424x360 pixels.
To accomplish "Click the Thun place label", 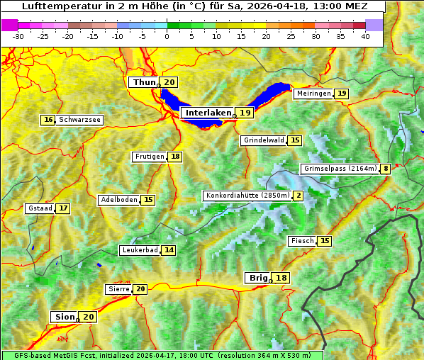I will (144, 83).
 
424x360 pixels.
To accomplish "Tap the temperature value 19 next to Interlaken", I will (245, 113).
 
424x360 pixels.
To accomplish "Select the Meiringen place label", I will (313, 94).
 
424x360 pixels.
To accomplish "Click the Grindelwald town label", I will (264, 140).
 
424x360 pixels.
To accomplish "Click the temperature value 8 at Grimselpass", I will (385, 169).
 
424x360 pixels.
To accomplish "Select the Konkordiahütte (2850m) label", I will (247, 196).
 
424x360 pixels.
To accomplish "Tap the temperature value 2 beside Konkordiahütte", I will (298, 196).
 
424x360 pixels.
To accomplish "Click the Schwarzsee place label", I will (79, 120).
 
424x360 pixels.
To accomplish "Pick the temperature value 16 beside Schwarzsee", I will (48, 120).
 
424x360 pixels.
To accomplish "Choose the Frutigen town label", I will (149, 157).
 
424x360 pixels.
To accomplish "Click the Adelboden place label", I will (118, 200).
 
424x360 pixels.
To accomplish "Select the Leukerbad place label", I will (139, 250).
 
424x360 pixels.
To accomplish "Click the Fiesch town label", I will (302, 241).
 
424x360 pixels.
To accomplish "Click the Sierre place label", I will (118, 289).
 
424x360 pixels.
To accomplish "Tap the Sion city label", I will (63, 317).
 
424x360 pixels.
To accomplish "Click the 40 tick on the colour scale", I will (365, 35).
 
